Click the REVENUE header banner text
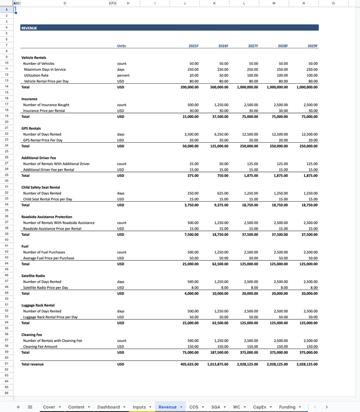coord(29,28)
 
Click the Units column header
coord(121,46)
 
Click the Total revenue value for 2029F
coord(307,364)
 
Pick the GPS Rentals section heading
coord(31,128)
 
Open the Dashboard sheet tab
coord(109,407)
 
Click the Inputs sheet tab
coord(139,407)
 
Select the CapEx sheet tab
coord(260,407)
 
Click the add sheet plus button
coord(18,407)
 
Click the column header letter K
coord(214,3)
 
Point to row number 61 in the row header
coord(7,364)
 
